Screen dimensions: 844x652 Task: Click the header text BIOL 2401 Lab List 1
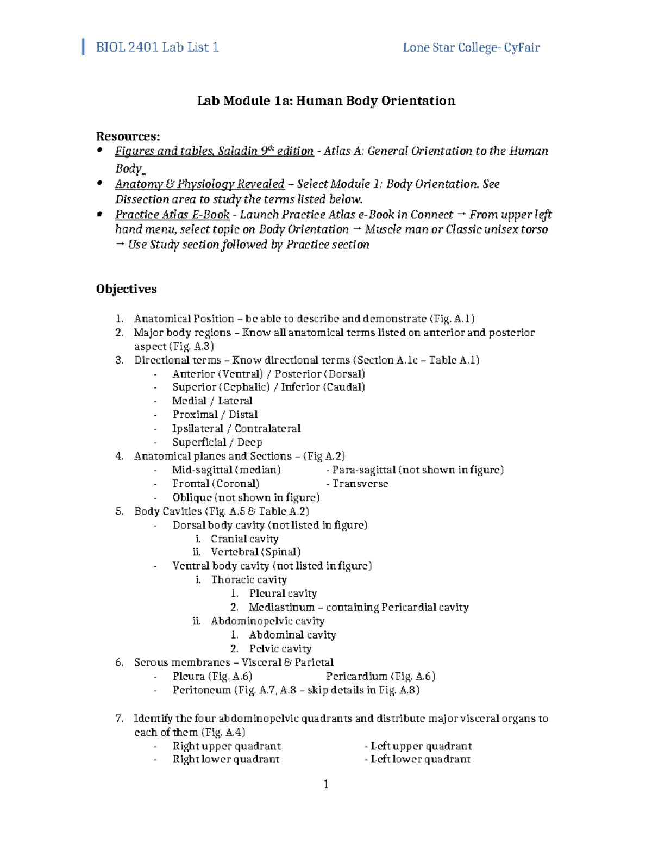(157, 47)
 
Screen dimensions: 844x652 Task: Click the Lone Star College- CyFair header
(471, 47)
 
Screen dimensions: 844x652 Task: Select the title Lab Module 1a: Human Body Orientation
(326, 101)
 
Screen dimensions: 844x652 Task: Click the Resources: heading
(128, 136)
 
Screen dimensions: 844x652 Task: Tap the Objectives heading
(127, 289)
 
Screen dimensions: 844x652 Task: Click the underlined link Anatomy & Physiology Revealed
(199, 184)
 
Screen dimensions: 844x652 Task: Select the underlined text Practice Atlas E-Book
(172, 214)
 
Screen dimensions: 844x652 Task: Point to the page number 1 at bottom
(326, 784)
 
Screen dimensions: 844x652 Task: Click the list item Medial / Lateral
(212, 401)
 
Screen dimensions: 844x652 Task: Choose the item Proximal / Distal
(215, 414)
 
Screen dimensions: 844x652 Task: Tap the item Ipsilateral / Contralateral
(236, 428)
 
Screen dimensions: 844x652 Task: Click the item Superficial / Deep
(217, 442)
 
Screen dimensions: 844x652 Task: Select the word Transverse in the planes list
(360, 484)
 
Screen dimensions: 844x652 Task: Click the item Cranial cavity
(244, 539)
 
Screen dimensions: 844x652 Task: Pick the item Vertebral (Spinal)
(255, 552)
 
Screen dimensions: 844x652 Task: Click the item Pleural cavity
(283, 593)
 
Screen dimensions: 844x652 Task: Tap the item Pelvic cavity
(280, 648)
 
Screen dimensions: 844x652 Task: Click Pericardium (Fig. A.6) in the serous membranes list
(380, 676)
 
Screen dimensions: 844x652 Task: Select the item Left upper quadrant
(421, 746)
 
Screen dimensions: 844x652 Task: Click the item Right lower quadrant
(225, 759)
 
